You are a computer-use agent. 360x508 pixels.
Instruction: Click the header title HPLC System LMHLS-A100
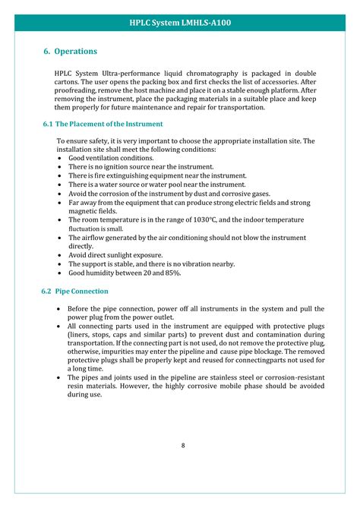[180, 23]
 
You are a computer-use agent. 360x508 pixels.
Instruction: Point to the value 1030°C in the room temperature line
[217, 219]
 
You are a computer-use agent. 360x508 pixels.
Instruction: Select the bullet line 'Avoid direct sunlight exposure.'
[115, 255]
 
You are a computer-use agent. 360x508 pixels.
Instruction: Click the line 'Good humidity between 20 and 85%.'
[125, 273]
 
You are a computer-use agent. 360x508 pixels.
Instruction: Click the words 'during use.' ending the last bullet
[84, 395]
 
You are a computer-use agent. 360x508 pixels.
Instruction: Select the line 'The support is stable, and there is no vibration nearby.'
[162, 264]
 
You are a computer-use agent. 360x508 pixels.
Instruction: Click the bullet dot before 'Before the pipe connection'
[60, 309]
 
